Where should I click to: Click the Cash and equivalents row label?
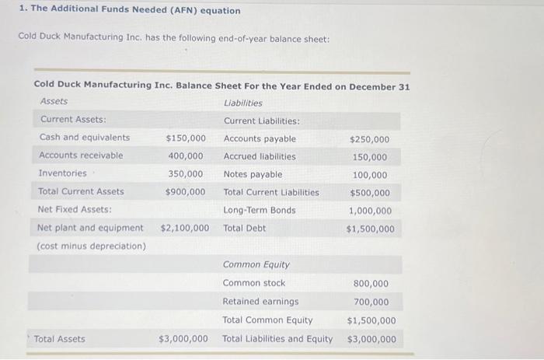[x=85, y=138]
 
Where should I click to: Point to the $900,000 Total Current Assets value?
[x=185, y=191]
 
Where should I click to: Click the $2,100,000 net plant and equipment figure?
[x=184, y=228]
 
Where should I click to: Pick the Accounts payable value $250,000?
[x=370, y=140]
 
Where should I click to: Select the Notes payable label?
[x=253, y=174]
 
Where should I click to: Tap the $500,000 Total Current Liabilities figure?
[x=370, y=193]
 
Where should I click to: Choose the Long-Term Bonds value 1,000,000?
[x=370, y=211]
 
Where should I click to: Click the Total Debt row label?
[x=244, y=228]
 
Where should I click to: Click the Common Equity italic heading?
[x=256, y=265]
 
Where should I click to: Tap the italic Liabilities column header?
[x=242, y=103]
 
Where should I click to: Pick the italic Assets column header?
[x=54, y=101]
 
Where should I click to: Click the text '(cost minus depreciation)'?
[x=91, y=246]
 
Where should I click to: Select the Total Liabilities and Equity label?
[x=277, y=338]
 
